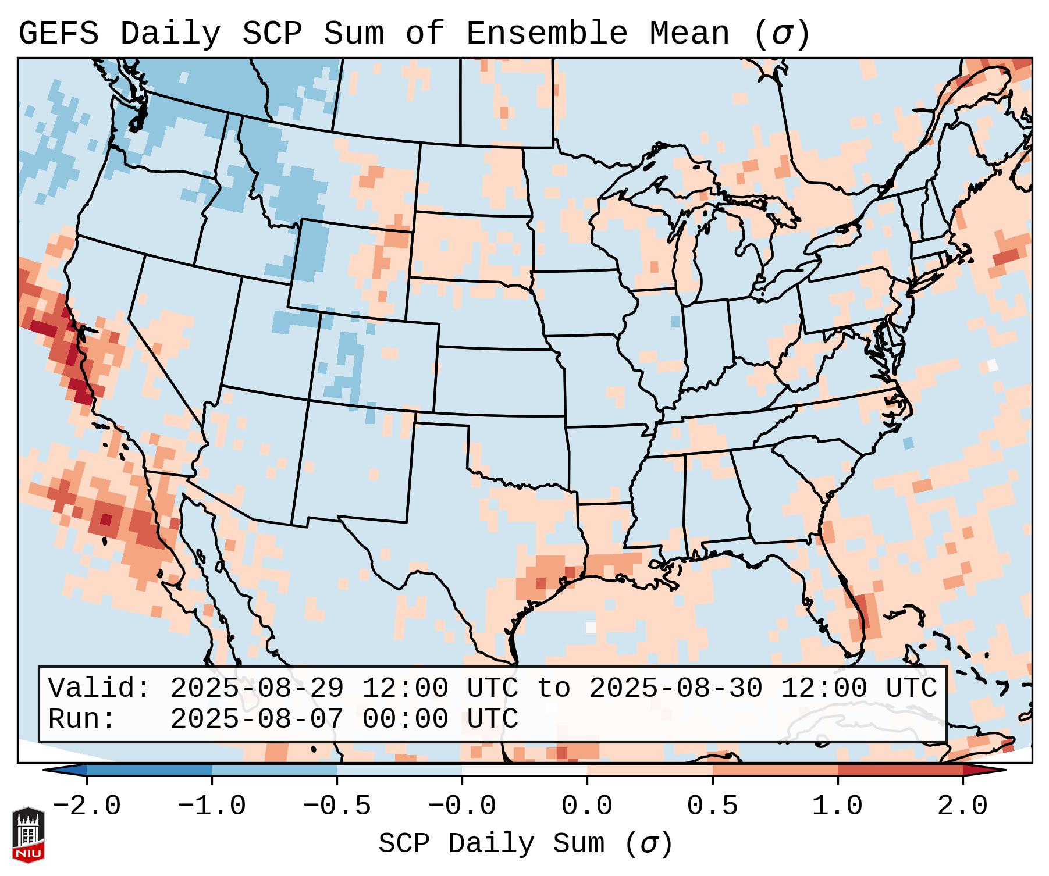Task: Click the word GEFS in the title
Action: tap(58, 34)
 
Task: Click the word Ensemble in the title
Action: tap(546, 34)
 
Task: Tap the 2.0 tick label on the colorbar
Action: tap(962, 806)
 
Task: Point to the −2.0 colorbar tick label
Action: tap(87, 806)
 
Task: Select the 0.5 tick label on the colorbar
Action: tap(712, 806)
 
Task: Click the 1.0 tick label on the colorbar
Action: tap(837, 806)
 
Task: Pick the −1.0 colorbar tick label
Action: tap(211, 806)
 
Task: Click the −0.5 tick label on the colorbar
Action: tap(337, 806)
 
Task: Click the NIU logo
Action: tap(28, 835)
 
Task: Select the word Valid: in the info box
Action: tap(99, 688)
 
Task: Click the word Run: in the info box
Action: tap(82, 719)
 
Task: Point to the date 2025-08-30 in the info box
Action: tap(675, 688)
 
